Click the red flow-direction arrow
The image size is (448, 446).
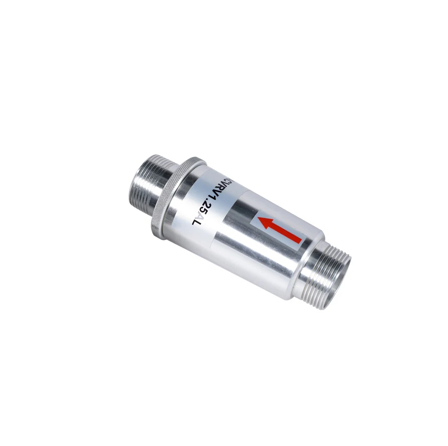coord(280,230)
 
